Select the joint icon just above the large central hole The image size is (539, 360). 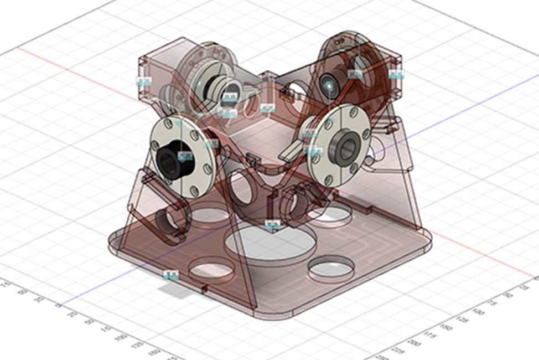272,224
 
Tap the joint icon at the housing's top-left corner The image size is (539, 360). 143,81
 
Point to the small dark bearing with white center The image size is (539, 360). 330,86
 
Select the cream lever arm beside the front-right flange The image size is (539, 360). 293,148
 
